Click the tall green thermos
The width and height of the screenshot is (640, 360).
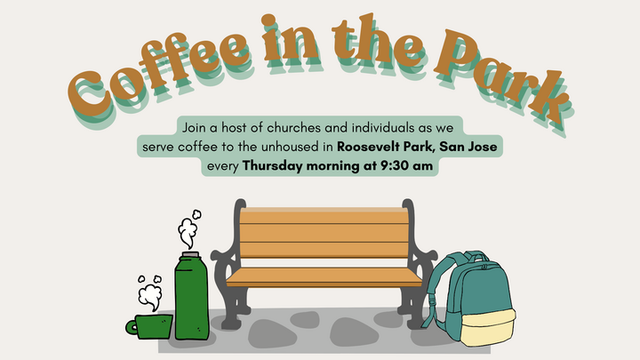tap(190, 302)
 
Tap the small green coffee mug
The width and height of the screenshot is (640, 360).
tap(152, 325)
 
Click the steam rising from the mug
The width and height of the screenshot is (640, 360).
tap(148, 293)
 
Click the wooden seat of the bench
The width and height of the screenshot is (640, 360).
tap(324, 277)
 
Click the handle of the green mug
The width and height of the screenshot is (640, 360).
tap(132, 327)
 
